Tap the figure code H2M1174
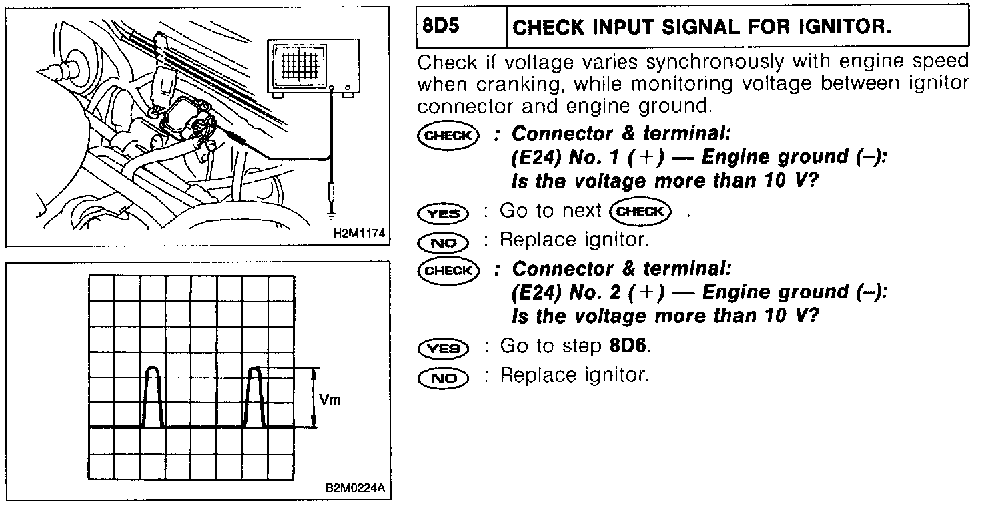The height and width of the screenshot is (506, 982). (357, 234)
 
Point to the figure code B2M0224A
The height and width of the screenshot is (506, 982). (354, 487)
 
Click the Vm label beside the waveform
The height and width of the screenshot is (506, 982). (330, 400)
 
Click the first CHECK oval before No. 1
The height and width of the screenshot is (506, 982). (447, 134)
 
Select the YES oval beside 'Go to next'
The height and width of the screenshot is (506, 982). (443, 214)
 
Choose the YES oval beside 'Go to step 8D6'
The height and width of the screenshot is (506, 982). (443, 348)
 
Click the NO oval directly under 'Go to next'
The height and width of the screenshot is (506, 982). (443, 242)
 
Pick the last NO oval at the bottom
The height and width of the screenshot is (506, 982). (443, 378)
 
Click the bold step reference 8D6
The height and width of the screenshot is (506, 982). (629, 346)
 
